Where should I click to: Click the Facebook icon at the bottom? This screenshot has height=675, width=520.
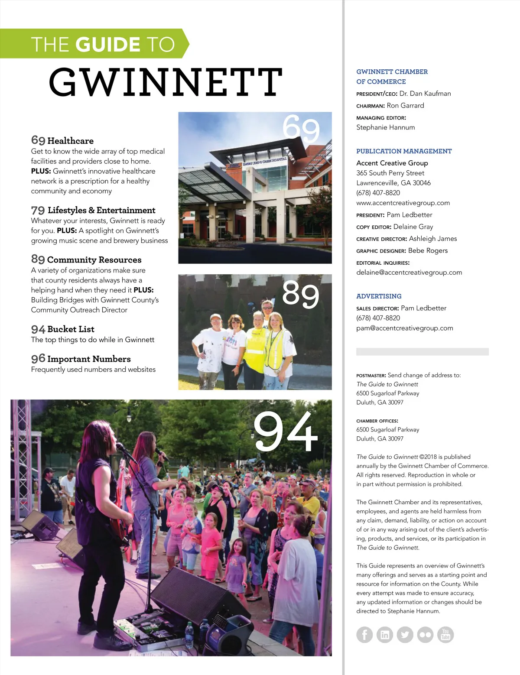(364, 635)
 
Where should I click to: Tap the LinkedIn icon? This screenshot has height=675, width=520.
(385, 635)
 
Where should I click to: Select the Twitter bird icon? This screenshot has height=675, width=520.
(405, 635)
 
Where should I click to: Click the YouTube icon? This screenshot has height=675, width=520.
(445, 635)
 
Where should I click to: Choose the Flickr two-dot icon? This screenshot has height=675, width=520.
(425, 635)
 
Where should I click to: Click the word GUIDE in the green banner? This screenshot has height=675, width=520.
(108, 44)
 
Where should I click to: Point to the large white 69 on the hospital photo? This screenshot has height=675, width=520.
(301, 128)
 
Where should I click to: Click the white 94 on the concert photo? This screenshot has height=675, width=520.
(286, 432)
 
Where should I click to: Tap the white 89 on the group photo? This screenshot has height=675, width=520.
(300, 294)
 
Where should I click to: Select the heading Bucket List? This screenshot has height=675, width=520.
(71, 329)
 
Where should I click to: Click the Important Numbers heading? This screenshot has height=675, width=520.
(89, 359)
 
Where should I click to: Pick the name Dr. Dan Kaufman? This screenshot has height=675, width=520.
(425, 94)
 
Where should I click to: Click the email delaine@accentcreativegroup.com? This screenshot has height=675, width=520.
(409, 273)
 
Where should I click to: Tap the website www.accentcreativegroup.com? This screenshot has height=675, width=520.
(403, 203)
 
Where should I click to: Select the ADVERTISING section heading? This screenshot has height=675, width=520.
(379, 296)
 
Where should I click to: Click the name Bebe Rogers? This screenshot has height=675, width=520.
(428, 250)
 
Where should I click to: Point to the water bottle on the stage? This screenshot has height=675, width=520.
(189, 635)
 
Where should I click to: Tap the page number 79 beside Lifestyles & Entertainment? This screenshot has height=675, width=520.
(38, 211)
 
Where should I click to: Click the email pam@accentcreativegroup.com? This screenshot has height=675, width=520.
(405, 328)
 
